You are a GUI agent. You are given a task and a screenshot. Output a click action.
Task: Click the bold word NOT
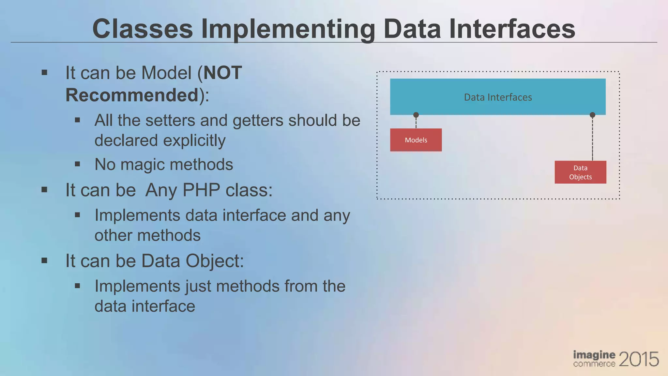click(x=222, y=72)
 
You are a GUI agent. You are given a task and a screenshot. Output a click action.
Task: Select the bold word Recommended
click(x=132, y=95)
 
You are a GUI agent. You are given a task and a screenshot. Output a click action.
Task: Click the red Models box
click(x=416, y=140)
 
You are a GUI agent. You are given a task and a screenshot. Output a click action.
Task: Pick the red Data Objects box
click(x=580, y=172)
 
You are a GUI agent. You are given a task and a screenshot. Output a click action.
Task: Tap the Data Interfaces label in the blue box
click(x=498, y=97)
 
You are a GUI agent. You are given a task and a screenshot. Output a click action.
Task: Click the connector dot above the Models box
click(x=416, y=115)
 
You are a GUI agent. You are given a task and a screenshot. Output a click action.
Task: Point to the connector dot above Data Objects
click(x=592, y=115)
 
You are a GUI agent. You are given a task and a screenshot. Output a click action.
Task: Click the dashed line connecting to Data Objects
click(x=592, y=139)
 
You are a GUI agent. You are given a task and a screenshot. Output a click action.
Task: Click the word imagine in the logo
click(x=594, y=355)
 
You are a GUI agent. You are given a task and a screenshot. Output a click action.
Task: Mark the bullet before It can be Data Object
click(x=45, y=260)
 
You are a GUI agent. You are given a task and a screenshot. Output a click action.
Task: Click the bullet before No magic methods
click(x=77, y=164)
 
